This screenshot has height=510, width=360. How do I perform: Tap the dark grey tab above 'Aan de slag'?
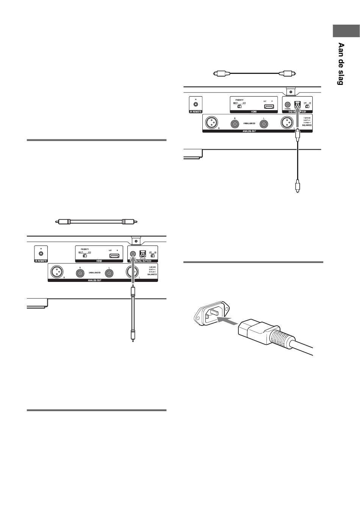(346, 31)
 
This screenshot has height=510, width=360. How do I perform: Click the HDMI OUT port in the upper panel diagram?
(269, 106)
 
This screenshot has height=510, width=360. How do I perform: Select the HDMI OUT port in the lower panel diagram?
(114, 256)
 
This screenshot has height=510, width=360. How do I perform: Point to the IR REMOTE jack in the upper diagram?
(196, 103)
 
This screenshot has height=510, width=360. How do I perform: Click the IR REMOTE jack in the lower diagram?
(41, 253)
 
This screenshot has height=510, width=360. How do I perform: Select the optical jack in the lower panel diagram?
(143, 254)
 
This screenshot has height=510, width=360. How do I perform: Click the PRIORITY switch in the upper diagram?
(239, 106)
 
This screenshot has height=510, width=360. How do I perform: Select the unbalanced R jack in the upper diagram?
(236, 123)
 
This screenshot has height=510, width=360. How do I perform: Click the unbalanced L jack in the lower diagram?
(110, 272)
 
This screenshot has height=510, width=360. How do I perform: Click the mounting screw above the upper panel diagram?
(290, 92)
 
